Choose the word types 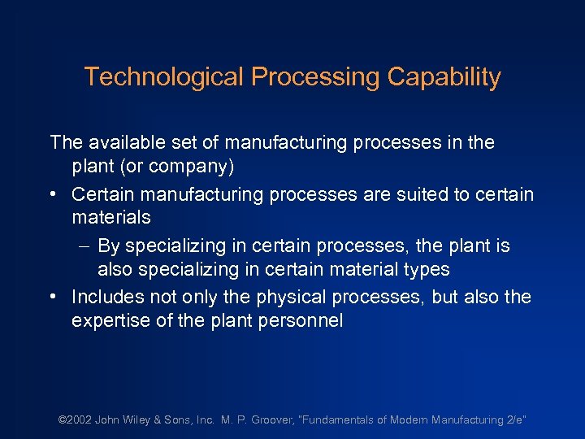pos(422,270)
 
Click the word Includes pos(107,297)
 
